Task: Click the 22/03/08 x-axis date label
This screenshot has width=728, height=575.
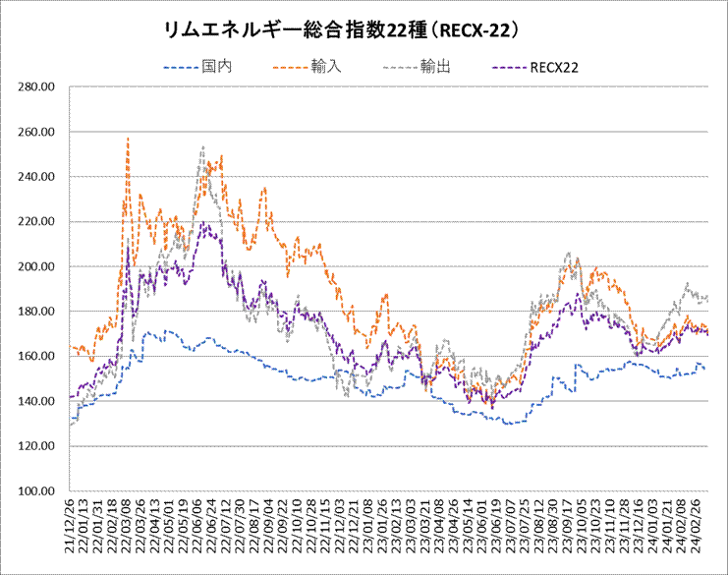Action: point(128,531)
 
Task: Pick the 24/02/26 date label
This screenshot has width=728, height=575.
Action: point(695,531)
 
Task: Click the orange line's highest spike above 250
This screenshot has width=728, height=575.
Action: point(128,139)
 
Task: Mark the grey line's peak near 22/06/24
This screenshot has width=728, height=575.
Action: point(202,147)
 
